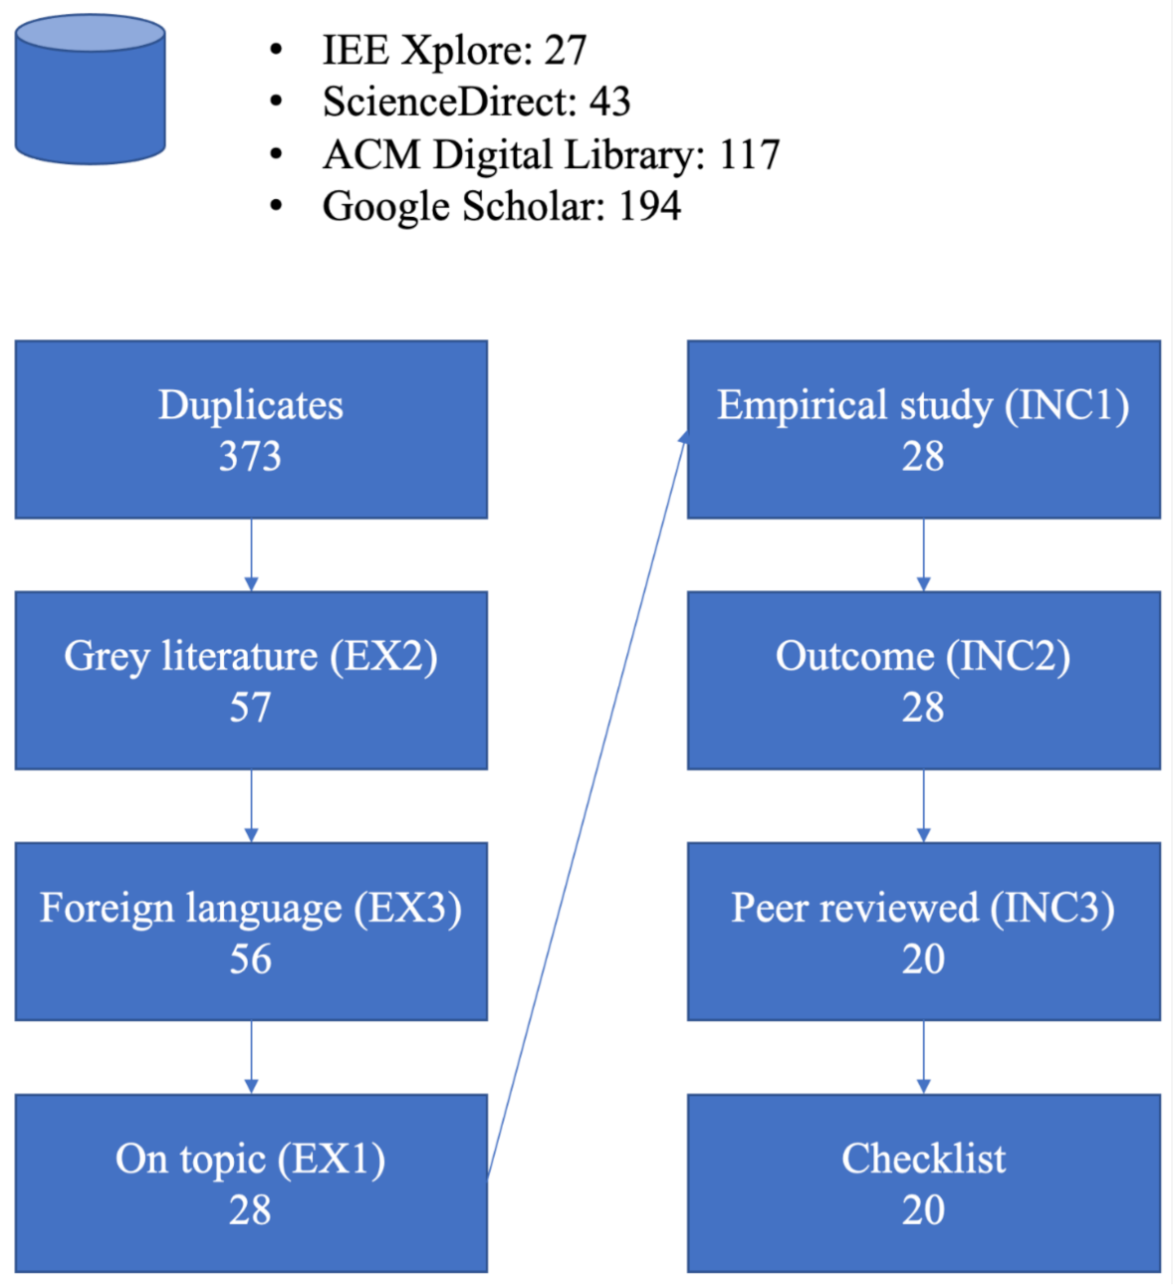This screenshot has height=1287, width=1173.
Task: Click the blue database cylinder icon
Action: pos(90,90)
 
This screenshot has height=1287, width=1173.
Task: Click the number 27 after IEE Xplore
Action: pos(566,51)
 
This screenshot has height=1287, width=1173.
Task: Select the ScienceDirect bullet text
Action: pos(476,103)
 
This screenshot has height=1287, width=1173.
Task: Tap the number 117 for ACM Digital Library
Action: pos(750,155)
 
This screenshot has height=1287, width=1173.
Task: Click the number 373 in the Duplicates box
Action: pos(250,457)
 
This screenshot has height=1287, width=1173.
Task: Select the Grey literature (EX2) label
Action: pos(251,656)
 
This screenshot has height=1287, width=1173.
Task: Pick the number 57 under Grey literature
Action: pos(250,708)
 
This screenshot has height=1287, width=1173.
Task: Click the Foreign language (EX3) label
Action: pos(251,908)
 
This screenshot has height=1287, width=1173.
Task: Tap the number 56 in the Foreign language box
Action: pos(250,960)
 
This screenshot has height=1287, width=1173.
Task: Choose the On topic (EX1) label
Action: pos(251,1159)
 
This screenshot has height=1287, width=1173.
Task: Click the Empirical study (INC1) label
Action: pos(923,405)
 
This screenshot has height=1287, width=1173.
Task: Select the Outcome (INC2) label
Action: pos(923,656)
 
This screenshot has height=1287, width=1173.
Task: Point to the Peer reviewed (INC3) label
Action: pos(923,908)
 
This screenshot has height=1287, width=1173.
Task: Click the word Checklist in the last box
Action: pos(923,1159)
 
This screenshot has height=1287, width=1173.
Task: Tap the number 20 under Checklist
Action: pos(923,1210)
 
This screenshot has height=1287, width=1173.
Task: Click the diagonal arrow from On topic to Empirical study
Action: pos(587,806)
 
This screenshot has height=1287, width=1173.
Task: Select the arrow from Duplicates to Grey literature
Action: pos(251,554)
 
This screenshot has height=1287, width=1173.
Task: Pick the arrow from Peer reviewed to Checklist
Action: pos(923,1057)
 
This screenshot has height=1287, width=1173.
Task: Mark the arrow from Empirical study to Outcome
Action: pos(923,554)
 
